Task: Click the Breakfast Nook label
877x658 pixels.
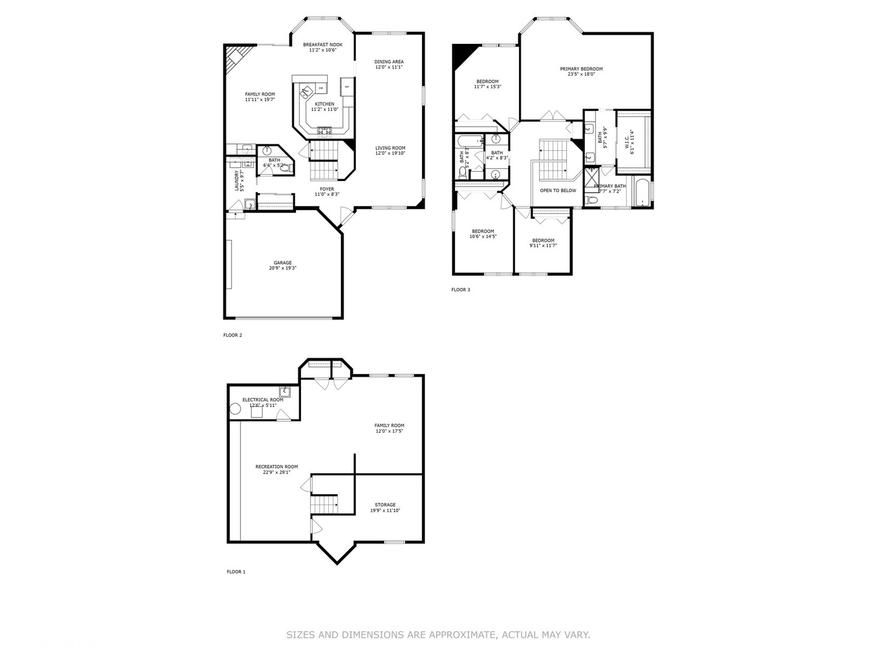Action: [323, 44]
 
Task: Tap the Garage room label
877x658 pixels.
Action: [283, 263]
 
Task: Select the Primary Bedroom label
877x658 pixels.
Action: [581, 69]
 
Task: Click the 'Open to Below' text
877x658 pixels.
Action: [558, 191]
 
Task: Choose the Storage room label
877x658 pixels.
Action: [385, 504]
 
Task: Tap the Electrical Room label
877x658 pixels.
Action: [262, 400]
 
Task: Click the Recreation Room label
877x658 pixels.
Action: [276, 467]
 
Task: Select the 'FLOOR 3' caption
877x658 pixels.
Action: [460, 290]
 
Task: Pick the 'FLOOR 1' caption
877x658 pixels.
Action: [236, 572]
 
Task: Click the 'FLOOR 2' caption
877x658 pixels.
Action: [233, 335]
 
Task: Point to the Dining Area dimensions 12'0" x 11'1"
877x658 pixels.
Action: [389, 67]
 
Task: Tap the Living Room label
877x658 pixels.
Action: [390, 148]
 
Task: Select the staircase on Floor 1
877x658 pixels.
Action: [324, 504]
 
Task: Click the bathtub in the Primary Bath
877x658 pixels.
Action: [641, 193]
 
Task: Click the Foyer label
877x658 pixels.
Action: [327, 189]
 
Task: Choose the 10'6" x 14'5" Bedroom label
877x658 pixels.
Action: [482, 232]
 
